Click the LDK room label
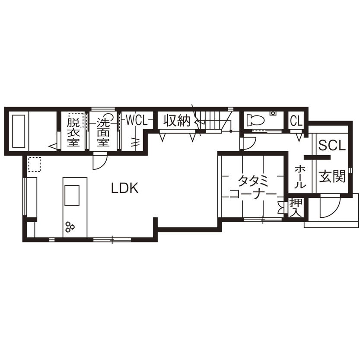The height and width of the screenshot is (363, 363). (x=125, y=188)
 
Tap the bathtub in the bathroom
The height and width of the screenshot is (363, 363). (x=19, y=131)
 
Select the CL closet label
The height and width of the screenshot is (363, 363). (x=296, y=121)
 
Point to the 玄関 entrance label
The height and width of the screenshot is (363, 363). (x=332, y=176)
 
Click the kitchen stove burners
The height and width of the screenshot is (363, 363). (x=70, y=226)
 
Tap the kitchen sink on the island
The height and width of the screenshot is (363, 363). (x=72, y=196)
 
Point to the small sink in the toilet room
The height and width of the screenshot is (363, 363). (x=273, y=114)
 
